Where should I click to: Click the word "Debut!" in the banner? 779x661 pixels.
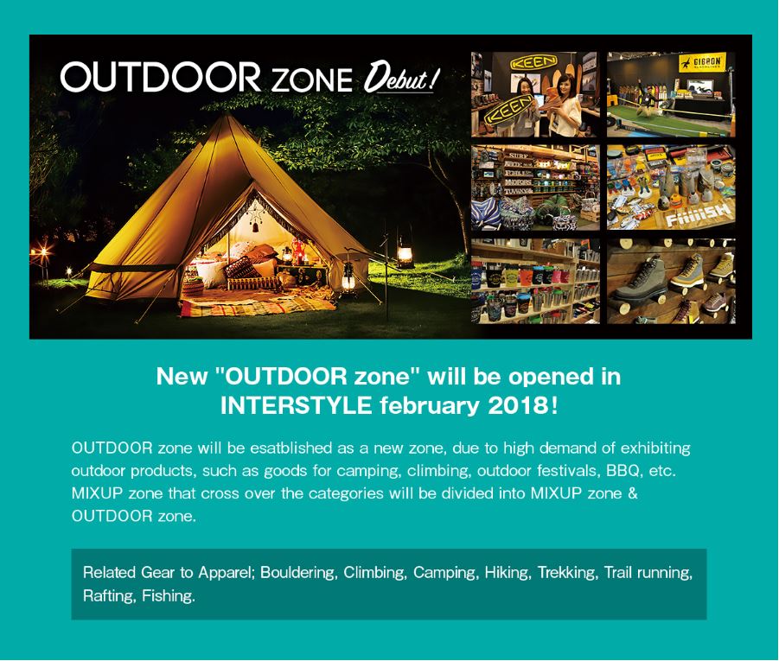tap(401, 78)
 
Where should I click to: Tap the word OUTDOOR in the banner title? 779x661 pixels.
tap(161, 77)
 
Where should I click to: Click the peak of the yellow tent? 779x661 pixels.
tap(225, 115)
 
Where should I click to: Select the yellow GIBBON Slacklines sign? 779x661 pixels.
tap(701, 63)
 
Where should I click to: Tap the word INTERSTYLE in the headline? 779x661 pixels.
tap(296, 406)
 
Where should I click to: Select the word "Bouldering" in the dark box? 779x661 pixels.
tap(299, 573)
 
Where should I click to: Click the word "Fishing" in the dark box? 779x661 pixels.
tap(168, 596)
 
